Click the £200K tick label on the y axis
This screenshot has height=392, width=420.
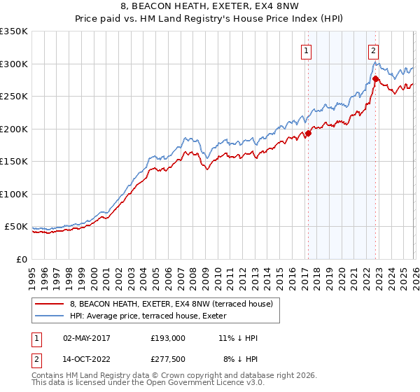click(14, 129)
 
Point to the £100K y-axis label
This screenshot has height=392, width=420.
click(14, 194)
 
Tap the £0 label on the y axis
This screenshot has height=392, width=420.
click(21, 259)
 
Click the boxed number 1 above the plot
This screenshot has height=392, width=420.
click(307, 50)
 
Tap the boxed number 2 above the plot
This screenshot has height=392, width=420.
click(374, 50)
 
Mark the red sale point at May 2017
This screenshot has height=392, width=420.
click(307, 134)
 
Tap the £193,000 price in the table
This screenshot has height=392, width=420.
click(168, 338)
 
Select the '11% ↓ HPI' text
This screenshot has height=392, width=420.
click(239, 338)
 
